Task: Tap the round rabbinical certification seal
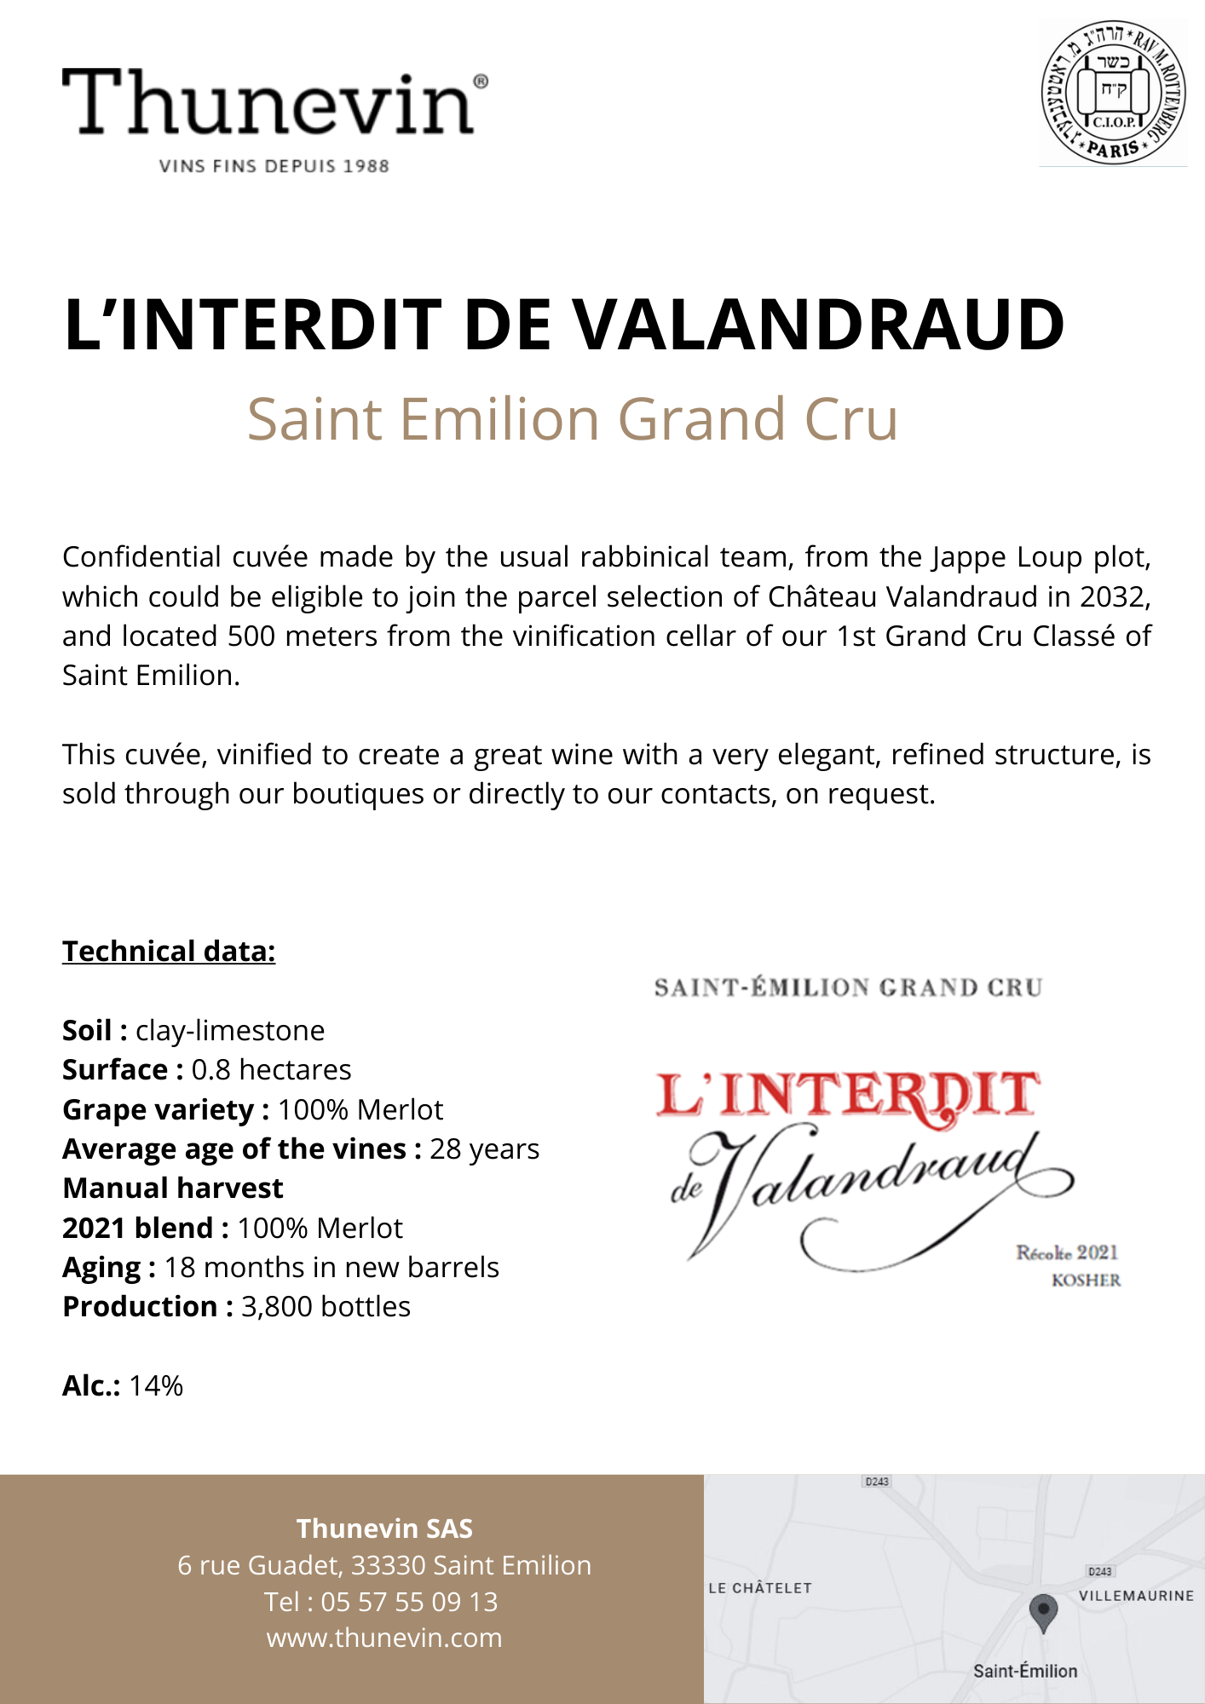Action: click(1113, 93)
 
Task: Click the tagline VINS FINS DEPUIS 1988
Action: click(274, 166)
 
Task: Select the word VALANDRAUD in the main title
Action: click(817, 325)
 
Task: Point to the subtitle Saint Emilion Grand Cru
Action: click(572, 419)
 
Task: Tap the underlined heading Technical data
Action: click(169, 951)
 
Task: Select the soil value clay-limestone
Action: click(230, 1030)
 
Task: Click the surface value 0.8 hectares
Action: click(271, 1069)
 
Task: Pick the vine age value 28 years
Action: click(484, 1148)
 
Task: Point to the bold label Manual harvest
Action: click(173, 1188)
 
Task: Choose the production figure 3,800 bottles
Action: click(326, 1306)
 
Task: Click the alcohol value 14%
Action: click(156, 1385)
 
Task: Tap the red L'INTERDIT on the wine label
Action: click(848, 1096)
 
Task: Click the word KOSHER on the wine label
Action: click(1086, 1280)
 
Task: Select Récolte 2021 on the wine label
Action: click(1066, 1252)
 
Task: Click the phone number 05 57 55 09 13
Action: click(409, 1602)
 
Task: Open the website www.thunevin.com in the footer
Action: click(384, 1638)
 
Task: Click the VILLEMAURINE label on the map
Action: click(1136, 1596)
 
